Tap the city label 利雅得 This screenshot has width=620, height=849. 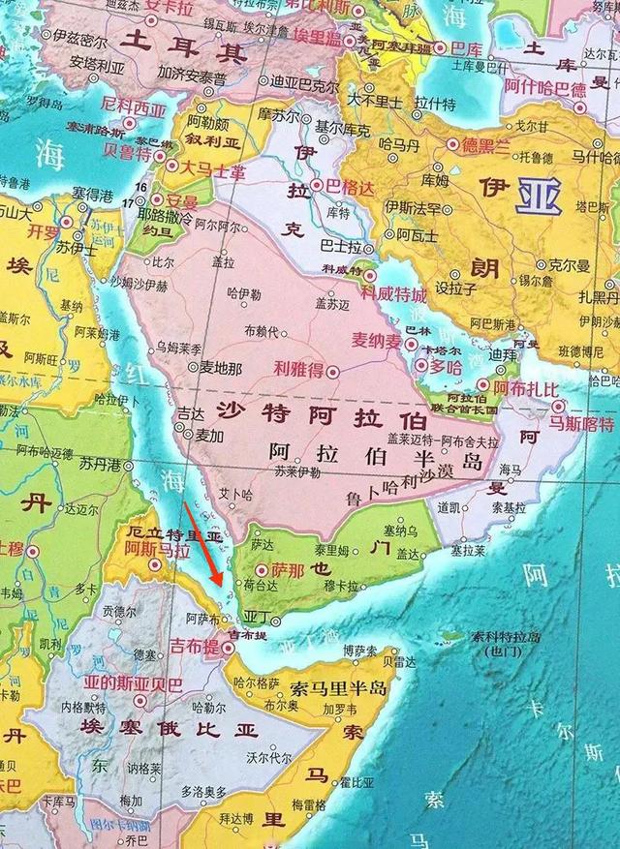click(x=298, y=369)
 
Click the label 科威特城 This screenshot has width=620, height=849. click(x=394, y=292)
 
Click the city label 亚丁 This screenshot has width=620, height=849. click(x=257, y=616)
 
